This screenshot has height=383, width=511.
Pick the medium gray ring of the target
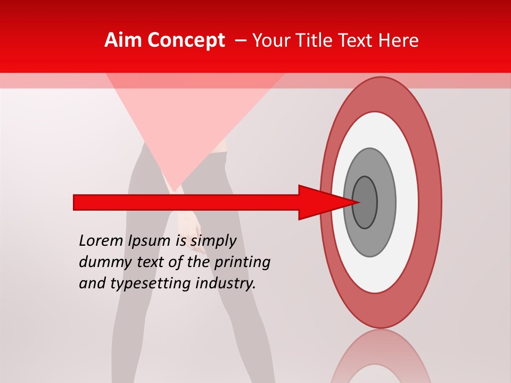[386, 202]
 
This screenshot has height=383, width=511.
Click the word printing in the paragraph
[242, 263]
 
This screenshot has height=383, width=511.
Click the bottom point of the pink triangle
[174, 189]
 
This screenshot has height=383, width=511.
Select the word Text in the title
[358, 40]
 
